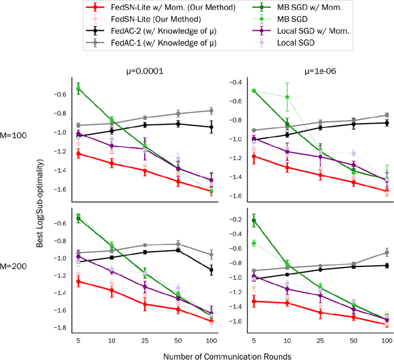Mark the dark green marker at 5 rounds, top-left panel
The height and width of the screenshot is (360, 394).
click(x=78, y=89)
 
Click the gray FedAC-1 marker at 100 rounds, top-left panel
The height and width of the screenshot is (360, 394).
click(x=211, y=111)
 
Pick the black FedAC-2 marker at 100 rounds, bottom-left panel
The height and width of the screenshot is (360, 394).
click(x=211, y=270)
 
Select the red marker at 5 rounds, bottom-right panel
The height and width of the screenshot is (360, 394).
click(x=254, y=302)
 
